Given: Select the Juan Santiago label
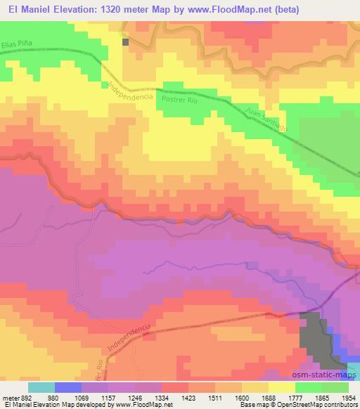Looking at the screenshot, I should click(268, 119).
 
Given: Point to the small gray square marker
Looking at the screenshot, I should click(127, 42).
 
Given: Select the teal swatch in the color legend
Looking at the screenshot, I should click(41, 387).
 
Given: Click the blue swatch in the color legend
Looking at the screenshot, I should click(68, 387).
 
